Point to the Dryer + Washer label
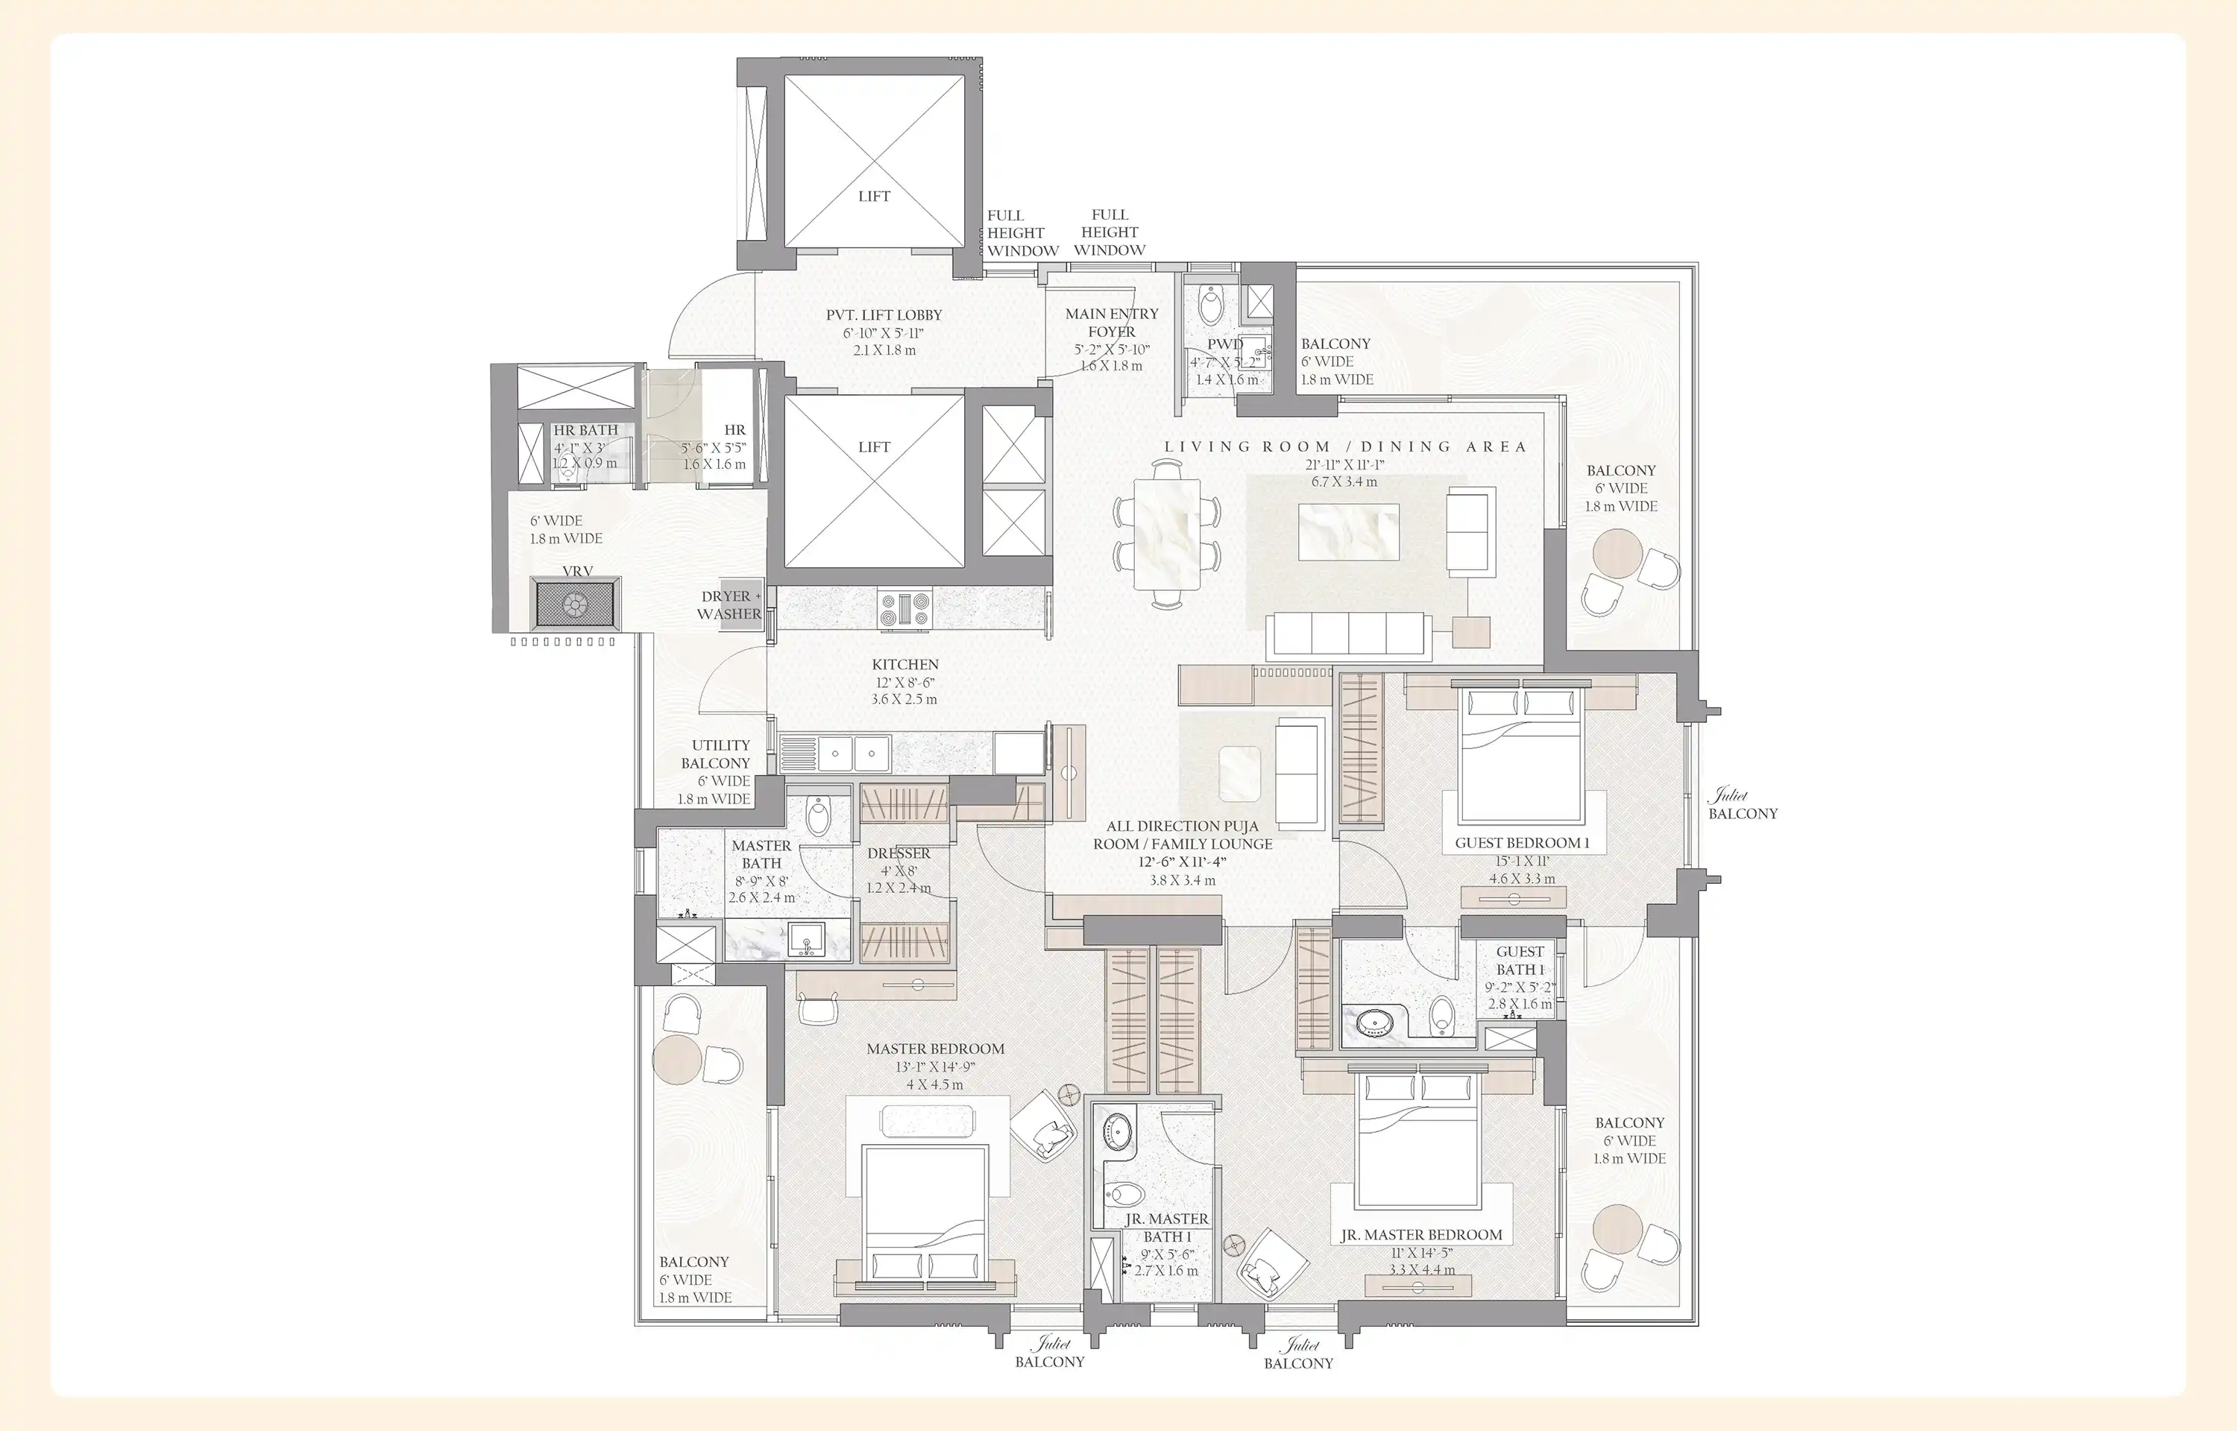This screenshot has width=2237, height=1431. coord(729,605)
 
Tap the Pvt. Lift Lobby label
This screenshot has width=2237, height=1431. coord(884,315)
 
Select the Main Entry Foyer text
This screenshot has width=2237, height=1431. coord(1112,323)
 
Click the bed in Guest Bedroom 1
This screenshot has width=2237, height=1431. coord(1521,754)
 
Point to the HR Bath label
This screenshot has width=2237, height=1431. coord(585,430)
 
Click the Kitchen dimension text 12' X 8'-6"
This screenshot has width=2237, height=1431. coord(904,682)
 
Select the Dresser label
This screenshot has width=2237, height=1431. coord(898,853)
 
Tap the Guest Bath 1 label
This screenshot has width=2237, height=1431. coord(1520,960)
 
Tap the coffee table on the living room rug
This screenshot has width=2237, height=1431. coord(1347,531)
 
